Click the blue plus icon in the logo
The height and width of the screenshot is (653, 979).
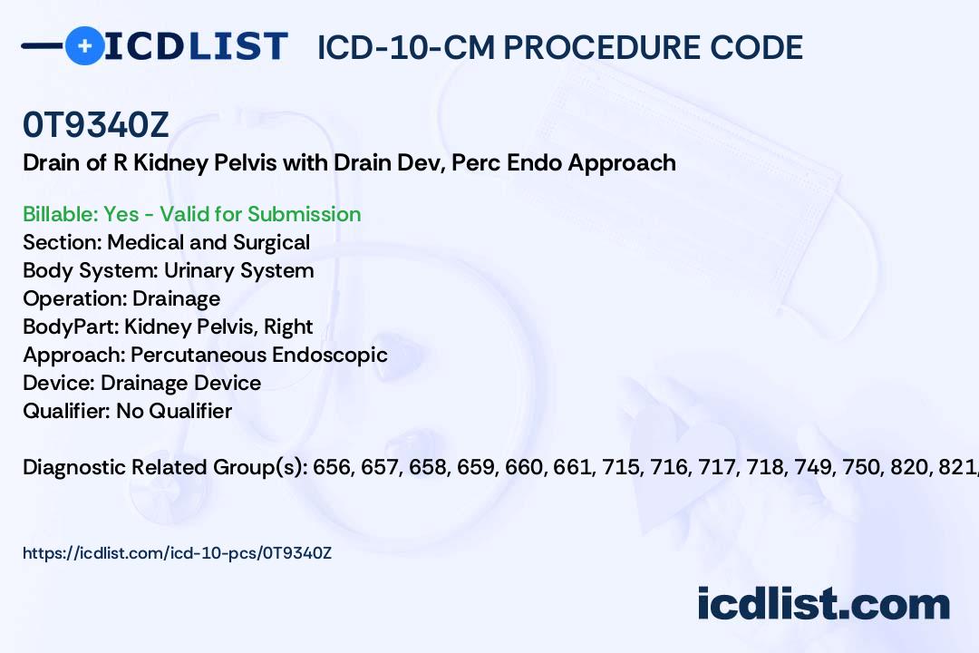(x=84, y=45)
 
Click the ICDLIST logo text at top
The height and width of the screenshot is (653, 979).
(x=196, y=46)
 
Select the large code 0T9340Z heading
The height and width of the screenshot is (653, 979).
(x=95, y=125)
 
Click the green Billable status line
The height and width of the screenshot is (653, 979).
(x=191, y=214)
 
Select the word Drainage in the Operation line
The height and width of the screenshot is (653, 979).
(x=176, y=298)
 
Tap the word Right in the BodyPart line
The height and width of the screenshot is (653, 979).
(x=288, y=326)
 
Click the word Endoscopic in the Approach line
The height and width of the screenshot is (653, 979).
(x=330, y=355)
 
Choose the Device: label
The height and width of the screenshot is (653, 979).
(x=59, y=383)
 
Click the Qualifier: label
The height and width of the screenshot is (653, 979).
(x=67, y=411)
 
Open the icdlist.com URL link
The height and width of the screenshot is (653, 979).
(x=178, y=553)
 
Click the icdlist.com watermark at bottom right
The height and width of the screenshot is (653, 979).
(x=823, y=604)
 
